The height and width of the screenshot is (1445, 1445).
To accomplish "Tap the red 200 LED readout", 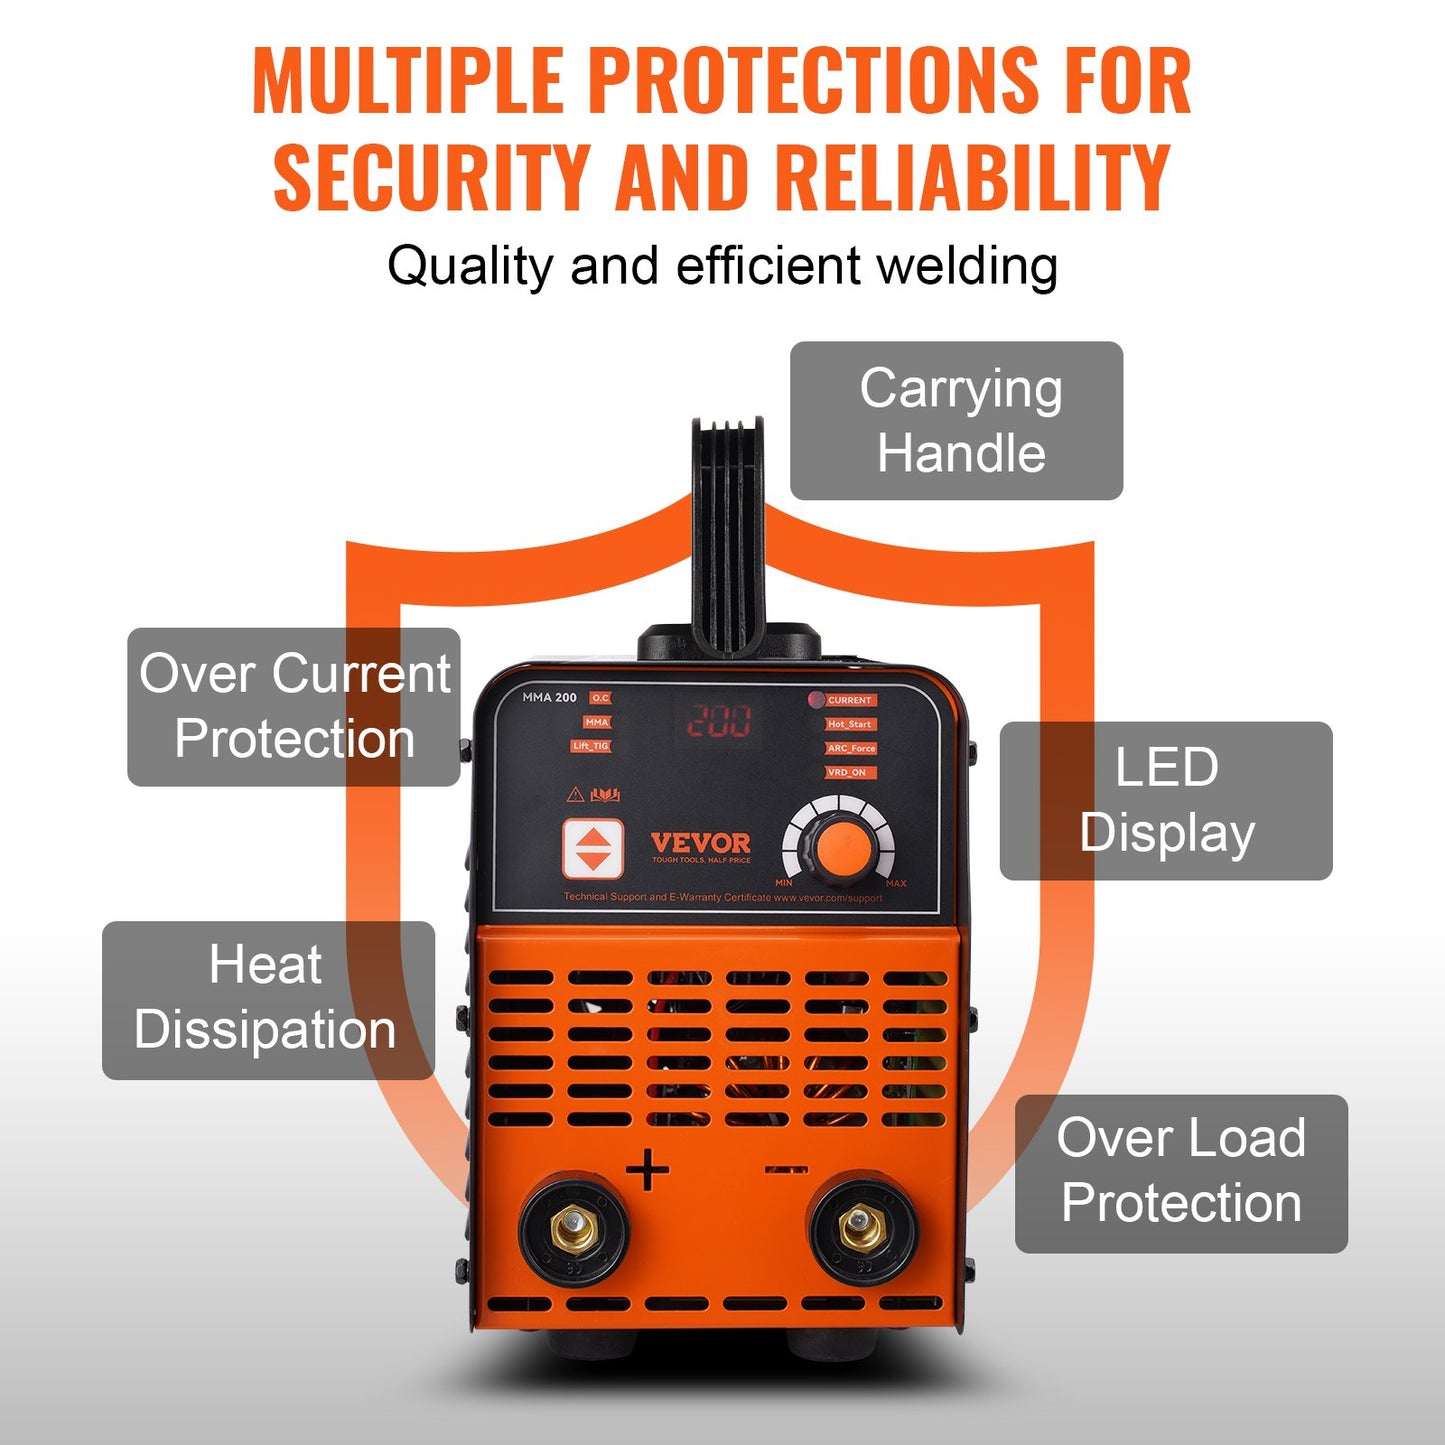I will [718, 720].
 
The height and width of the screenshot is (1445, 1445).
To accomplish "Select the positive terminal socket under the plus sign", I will [574, 1229].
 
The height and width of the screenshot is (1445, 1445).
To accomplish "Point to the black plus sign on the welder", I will [648, 1169].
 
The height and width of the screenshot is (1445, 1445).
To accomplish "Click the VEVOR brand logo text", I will [700, 843].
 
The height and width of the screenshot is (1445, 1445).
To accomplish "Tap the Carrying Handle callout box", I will [956, 421].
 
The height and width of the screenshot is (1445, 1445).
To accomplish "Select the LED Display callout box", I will [1166, 801].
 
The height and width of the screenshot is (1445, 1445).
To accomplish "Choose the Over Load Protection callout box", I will [1181, 1173].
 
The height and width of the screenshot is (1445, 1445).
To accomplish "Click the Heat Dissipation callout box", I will [267, 1000].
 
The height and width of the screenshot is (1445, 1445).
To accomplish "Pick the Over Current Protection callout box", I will [293, 707].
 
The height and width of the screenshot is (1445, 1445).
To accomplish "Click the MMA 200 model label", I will [549, 698].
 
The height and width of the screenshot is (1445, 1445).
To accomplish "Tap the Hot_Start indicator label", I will [850, 724].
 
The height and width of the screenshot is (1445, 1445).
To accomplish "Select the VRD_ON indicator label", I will [847, 772].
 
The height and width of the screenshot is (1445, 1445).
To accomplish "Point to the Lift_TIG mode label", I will [590, 746].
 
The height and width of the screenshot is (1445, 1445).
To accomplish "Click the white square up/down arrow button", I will [592, 849].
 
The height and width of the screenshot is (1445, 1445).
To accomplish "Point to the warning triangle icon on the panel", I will [575, 795].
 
